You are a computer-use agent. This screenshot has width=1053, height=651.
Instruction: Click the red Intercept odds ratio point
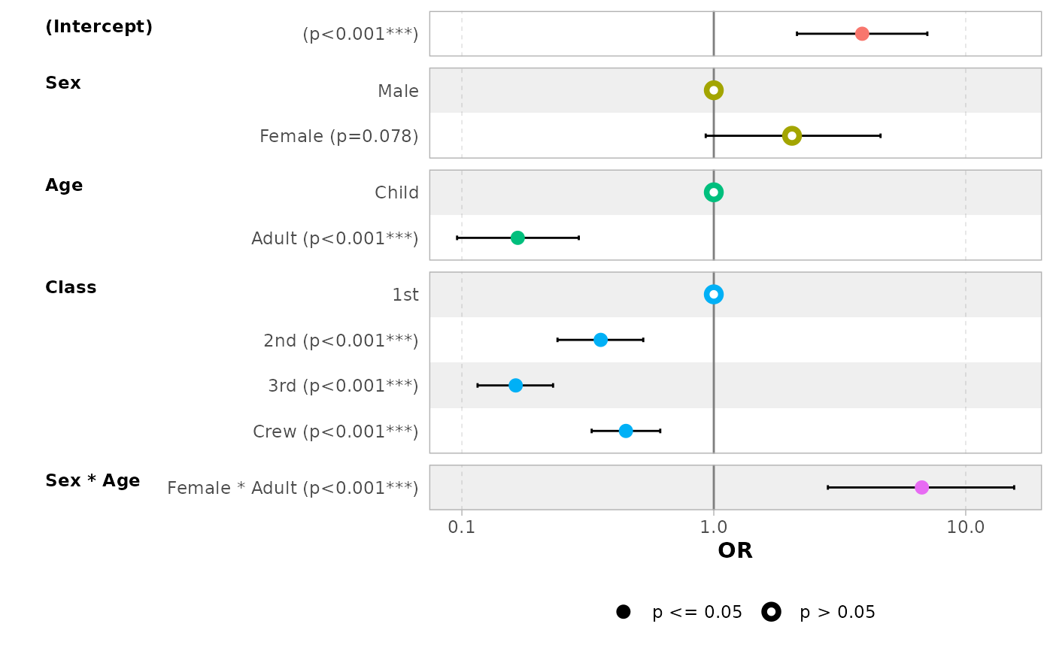862,34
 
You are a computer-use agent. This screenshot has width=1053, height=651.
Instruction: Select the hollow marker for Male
714,90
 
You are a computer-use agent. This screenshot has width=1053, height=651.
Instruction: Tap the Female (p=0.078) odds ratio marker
791,136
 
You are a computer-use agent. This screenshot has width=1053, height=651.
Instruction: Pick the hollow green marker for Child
714,192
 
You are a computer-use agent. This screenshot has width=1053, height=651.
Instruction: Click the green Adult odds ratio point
517,238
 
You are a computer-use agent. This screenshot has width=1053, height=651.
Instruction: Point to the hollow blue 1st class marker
714,295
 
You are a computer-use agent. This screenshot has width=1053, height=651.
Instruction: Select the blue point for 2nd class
600,340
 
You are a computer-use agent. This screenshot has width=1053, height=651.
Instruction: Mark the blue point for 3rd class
515,386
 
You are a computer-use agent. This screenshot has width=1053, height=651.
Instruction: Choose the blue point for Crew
626,431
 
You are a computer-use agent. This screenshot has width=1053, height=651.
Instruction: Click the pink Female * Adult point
921,488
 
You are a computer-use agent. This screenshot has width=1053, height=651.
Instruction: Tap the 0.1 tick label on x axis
461,528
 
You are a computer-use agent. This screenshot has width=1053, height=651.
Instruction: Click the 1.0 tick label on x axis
714,528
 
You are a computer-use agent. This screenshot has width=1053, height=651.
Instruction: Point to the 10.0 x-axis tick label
966,528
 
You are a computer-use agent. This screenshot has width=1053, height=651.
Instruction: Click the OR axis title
735,551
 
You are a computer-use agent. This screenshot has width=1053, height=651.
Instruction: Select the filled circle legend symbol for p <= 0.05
623,612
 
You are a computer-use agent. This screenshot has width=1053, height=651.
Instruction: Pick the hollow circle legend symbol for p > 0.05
771,612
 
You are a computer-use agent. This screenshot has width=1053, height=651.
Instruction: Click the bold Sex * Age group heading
93,481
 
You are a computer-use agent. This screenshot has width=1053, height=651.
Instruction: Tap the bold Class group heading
71,288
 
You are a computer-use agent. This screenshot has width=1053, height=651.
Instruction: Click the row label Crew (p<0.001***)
335,431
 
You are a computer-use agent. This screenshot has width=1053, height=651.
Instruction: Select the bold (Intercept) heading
99,27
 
